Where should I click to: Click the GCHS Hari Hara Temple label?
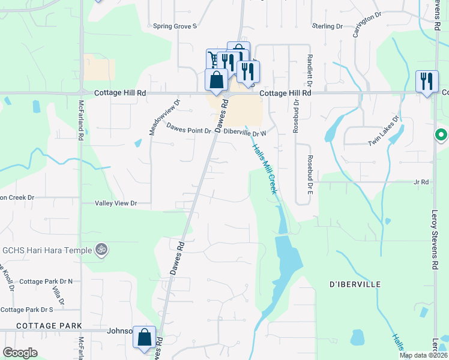[x=47, y=250]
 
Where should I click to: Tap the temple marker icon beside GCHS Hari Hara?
[x=101, y=250]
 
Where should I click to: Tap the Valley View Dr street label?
[x=116, y=203]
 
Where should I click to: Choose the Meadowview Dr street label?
[x=152, y=118]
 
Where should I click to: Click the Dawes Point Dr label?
[x=188, y=128]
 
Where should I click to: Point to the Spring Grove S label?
[x=175, y=26]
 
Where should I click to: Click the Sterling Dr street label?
[x=327, y=26]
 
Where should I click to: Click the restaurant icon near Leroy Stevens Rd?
[x=427, y=82]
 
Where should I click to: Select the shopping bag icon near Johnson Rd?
[x=145, y=337]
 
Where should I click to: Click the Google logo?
[x=20, y=353]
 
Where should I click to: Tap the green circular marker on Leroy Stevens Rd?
[x=441, y=135]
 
